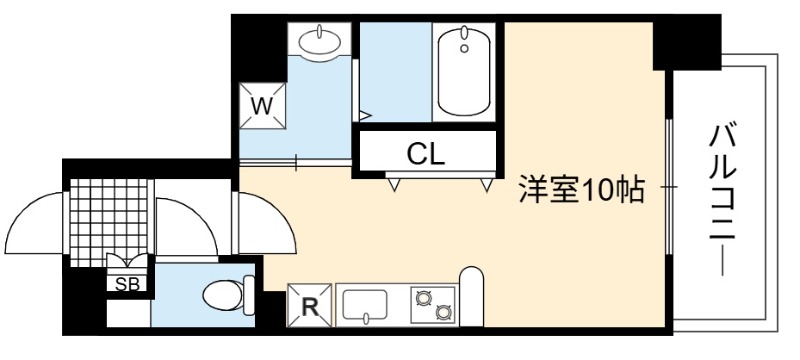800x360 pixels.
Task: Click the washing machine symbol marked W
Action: click(262, 106)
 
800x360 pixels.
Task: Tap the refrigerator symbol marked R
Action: click(309, 306)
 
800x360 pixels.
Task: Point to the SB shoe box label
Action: click(127, 285)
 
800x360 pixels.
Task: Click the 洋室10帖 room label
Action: click(582, 190)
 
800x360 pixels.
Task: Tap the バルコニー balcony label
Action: click(723, 200)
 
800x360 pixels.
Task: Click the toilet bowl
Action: click(223, 295)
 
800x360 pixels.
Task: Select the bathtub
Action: click(464, 71)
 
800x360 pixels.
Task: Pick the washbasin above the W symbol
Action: click(319, 40)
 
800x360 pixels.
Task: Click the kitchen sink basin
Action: click(365, 304)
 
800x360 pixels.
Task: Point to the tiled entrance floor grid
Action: click(109, 222)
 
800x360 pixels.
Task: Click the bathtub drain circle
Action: click(464, 48)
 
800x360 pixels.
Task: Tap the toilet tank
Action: click(249, 295)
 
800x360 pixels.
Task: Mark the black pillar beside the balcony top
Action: click(687, 42)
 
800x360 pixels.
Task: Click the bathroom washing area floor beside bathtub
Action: click(396, 71)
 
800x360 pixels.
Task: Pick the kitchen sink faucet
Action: click(365, 319)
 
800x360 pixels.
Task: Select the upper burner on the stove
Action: click(423, 297)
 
